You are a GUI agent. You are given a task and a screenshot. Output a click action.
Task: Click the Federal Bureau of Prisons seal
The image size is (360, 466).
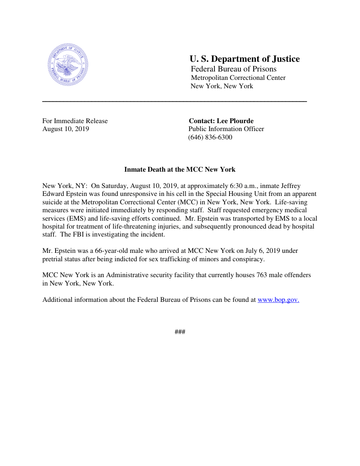[x=67, y=65]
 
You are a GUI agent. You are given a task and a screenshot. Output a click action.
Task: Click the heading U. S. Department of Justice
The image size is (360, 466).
[x=244, y=59]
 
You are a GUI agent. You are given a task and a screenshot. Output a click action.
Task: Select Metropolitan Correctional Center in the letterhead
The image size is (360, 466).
[x=238, y=78]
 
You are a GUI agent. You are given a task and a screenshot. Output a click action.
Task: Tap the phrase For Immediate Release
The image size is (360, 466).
[x=75, y=121]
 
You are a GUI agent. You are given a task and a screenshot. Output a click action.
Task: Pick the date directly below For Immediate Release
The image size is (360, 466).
[x=66, y=129]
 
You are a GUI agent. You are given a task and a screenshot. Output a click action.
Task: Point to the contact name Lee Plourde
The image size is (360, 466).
[x=235, y=121]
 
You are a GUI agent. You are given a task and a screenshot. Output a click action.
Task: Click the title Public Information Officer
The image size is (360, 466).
[x=226, y=129]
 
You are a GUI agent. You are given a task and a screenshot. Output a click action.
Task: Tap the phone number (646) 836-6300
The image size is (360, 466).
[x=210, y=137]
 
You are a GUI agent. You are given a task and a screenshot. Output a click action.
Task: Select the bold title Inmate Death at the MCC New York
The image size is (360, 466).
[x=180, y=169]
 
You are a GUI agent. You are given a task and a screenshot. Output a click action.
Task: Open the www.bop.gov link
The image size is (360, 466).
[x=278, y=300]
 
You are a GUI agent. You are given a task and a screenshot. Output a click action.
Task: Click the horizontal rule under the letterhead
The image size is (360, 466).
[x=174, y=101]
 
